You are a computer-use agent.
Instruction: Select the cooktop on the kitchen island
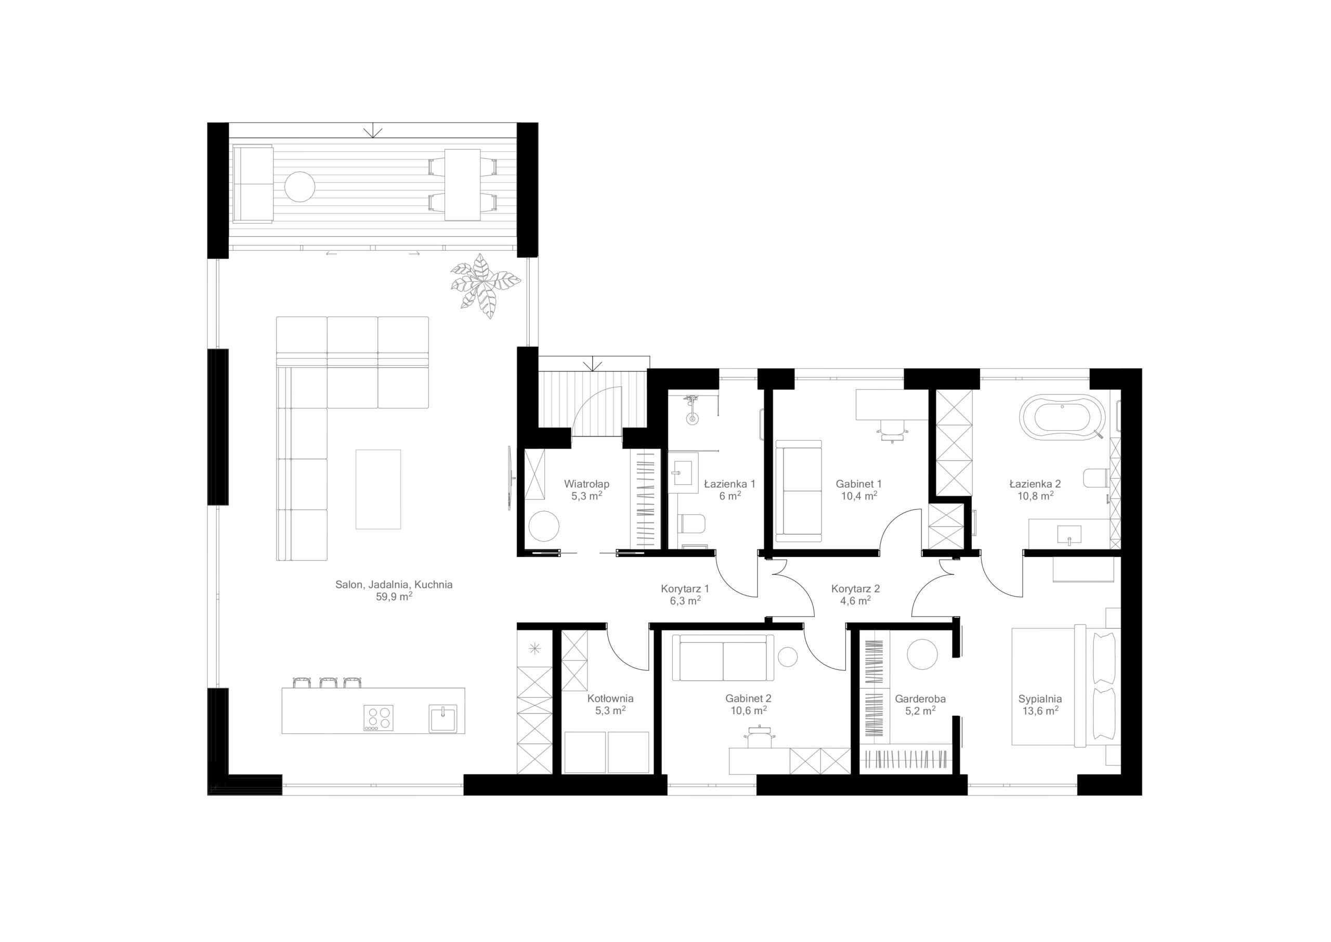[x=378, y=717]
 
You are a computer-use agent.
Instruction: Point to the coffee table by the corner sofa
[x=378, y=489]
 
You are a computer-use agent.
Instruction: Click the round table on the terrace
[x=299, y=187]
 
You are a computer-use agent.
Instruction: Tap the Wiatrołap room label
[x=586, y=484]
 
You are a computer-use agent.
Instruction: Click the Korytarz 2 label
[x=856, y=589]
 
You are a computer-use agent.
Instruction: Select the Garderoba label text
[x=920, y=699]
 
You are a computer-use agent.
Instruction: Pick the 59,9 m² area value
[x=394, y=597]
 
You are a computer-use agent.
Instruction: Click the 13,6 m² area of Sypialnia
[x=1040, y=711]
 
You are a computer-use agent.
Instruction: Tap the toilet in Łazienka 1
[x=691, y=524]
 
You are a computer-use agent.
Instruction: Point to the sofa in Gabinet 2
[x=723, y=658]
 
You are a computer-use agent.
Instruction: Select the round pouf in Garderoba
[x=922, y=654]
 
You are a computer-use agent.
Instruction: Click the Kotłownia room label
[x=610, y=699]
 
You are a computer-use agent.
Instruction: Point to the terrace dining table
[x=463, y=185]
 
